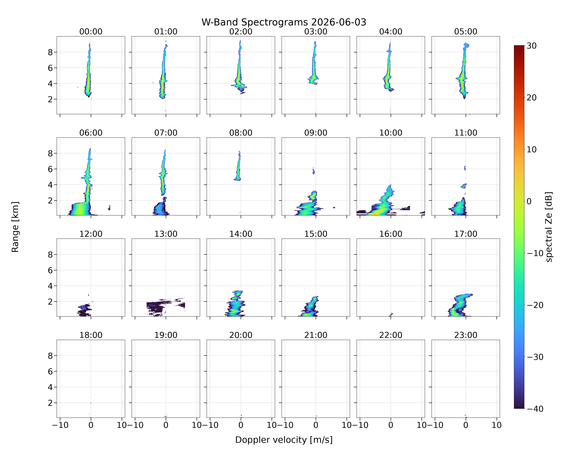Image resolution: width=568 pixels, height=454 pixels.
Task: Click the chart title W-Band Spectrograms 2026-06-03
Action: tap(284, 22)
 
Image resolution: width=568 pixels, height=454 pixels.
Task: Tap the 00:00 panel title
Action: tap(91, 32)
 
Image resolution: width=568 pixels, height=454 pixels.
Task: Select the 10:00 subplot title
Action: tap(391, 133)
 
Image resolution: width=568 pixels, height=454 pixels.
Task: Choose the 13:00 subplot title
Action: tap(166, 234)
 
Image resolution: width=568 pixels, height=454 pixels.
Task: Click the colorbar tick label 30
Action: tap(532, 46)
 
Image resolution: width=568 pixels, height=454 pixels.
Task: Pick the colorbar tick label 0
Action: tap(529, 201)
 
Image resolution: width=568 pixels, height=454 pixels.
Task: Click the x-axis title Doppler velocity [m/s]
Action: tap(284, 440)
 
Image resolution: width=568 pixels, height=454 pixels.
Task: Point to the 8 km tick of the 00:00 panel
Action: tap(50, 52)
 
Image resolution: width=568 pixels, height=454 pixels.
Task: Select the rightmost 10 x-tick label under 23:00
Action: tap(497, 425)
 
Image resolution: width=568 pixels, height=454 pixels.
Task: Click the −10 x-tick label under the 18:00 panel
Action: tap(60, 425)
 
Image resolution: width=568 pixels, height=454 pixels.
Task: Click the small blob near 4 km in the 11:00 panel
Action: tap(464, 186)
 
